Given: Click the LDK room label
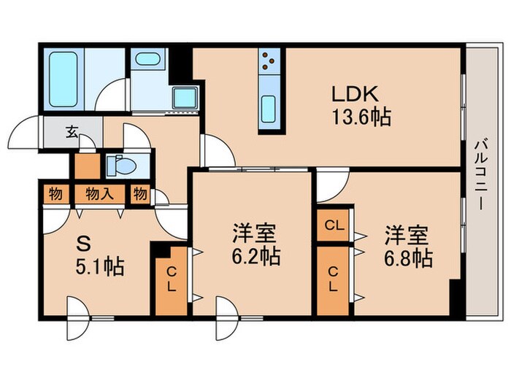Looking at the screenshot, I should pos(356,94).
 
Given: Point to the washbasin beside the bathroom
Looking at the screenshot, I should pos(148,60).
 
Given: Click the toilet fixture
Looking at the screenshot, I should pos(120,166).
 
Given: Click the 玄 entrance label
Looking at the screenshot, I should pos(72,133).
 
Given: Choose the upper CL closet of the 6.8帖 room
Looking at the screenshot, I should pos(334,225).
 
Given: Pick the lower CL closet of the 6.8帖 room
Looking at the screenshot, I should pos(334,279).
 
